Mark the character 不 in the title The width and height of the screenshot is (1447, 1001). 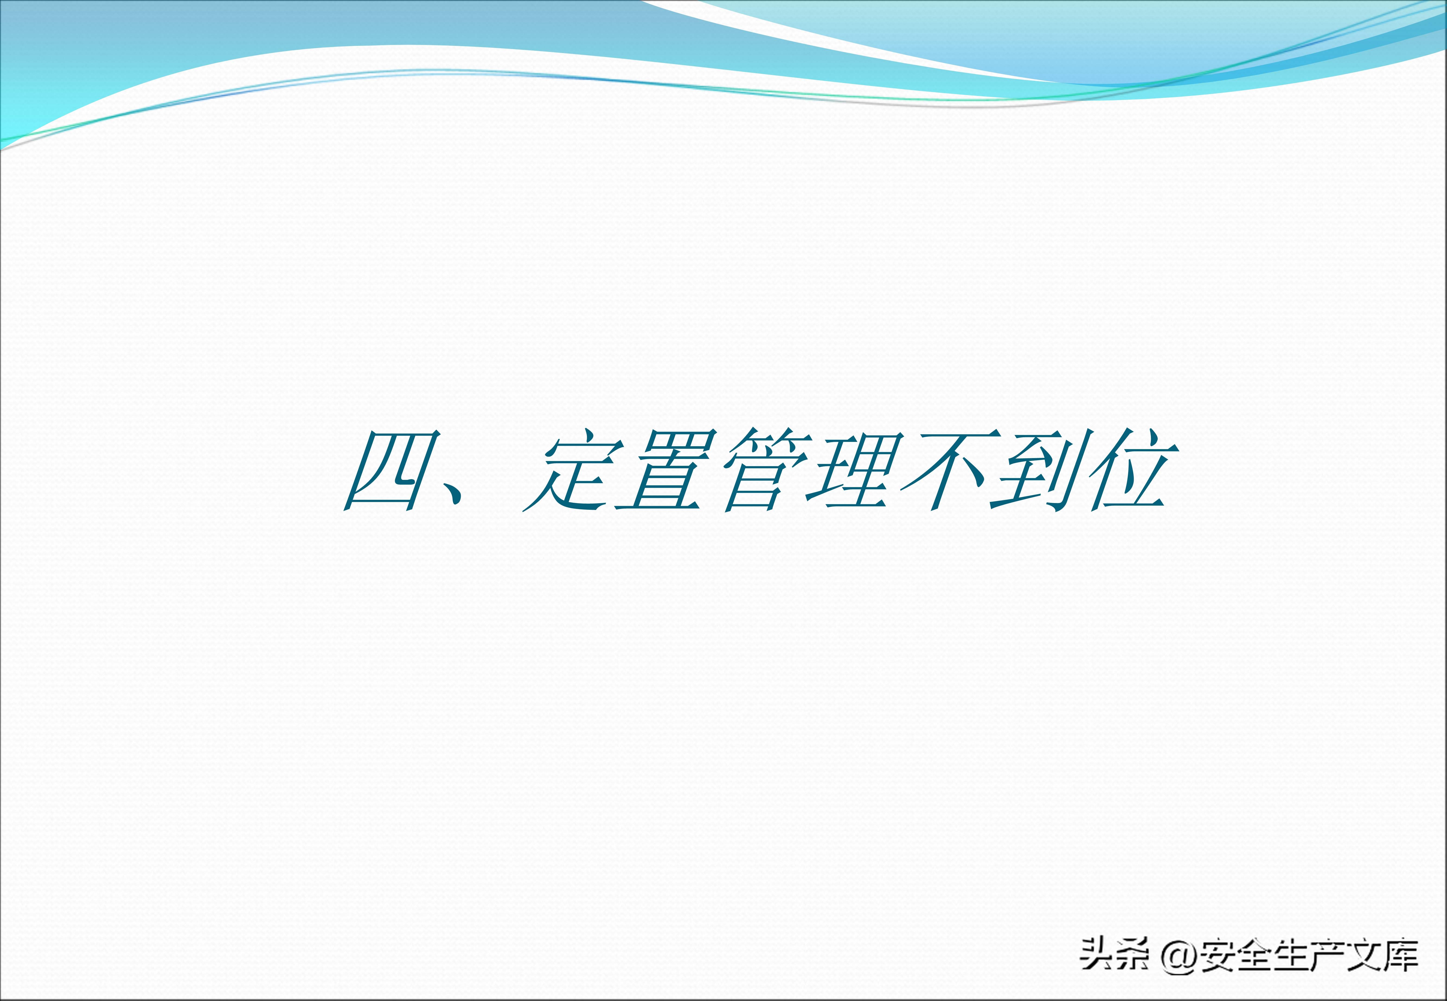click(949, 470)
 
